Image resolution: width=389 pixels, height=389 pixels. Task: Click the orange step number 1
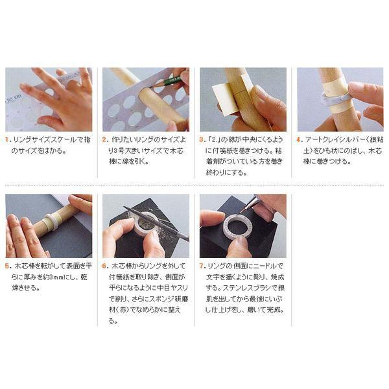pyautogui.click(x=8, y=139)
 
